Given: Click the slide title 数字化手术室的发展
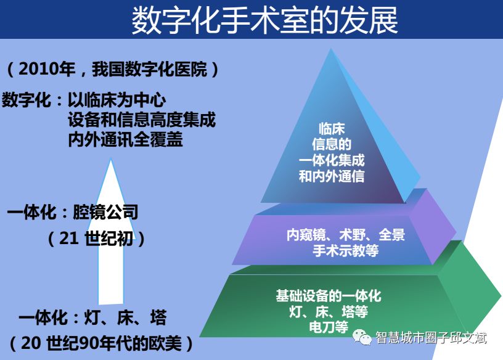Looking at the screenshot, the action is [x=264, y=20].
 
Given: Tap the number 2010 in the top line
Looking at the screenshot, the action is [x=38, y=69].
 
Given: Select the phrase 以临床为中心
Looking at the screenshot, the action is [x=117, y=100].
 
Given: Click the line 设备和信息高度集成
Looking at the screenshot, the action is [x=142, y=120].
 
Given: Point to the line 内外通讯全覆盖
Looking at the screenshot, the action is [x=125, y=139].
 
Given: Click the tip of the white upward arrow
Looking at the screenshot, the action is [x=111, y=160].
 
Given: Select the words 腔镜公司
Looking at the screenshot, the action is [x=105, y=212].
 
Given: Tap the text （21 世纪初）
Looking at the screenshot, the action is [x=96, y=239].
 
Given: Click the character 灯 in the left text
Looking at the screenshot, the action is [x=92, y=317].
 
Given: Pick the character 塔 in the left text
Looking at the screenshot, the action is [x=158, y=317].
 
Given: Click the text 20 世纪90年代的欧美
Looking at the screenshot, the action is [x=101, y=343].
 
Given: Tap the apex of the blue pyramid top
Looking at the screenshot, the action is [x=331, y=49].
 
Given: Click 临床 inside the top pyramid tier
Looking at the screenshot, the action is [x=332, y=128].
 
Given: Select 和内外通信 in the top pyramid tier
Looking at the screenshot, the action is [x=332, y=176].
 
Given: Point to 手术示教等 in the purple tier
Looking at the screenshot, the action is [x=345, y=250].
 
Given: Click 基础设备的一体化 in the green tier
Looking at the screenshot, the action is [x=329, y=296].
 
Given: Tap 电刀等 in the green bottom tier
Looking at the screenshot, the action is [x=329, y=327].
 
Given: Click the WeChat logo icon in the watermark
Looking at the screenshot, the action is [x=362, y=337].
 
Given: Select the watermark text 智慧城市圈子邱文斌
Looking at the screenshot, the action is [x=431, y=338].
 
